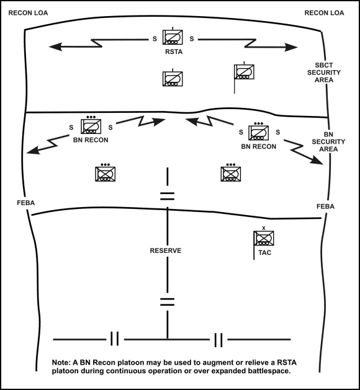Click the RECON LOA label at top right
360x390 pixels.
[324, 12]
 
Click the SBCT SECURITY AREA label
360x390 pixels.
[328, 72]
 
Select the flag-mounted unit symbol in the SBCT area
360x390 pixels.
[242, 73]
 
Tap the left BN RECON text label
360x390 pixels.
[91, 140]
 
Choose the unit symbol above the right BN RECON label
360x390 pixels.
[258, 131]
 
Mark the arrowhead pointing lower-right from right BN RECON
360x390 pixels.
[322, 162]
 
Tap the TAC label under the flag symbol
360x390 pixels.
[264, 253]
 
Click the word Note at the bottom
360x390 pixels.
[63, 362]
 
